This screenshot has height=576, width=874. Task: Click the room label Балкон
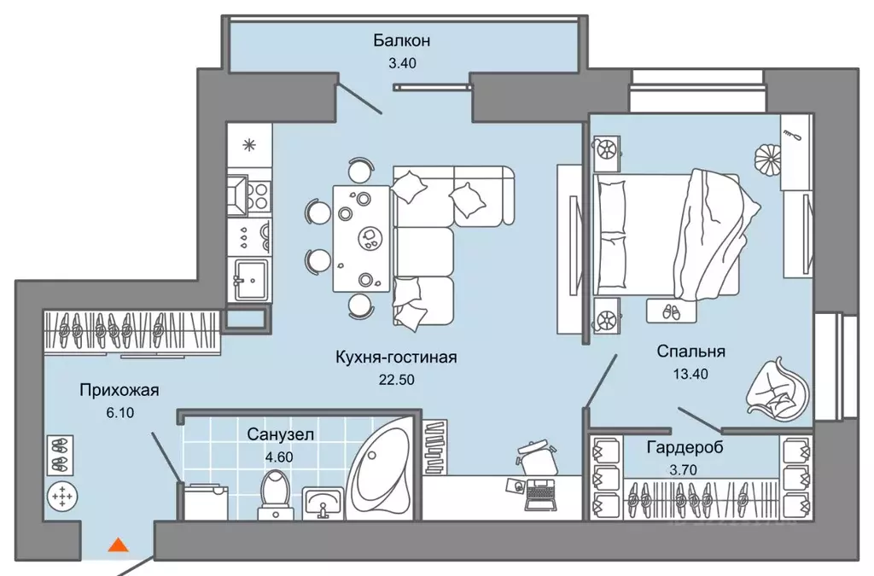pyautogui.click(x=400, y=40)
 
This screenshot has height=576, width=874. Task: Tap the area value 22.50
pyautogui.click(x=396, y=381)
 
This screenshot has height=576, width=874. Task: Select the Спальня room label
pyautogui.click(x=690, y=351)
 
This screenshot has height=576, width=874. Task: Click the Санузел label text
pyautogui.click(x=281, y=434)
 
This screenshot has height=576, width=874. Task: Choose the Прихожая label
pyautogui.click(x=119, y=391)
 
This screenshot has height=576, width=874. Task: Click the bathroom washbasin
pyautogui.click(x=322, y=503)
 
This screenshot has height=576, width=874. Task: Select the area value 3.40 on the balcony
pyautogui.click(x=400, y=61)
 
